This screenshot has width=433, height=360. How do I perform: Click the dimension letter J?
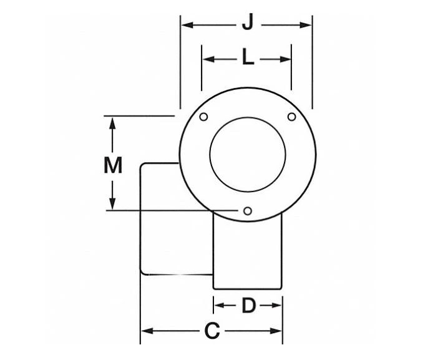click(248, 24)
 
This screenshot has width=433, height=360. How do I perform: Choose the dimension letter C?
click(213, 331)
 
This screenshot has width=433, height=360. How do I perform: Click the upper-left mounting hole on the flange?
click(203, 117)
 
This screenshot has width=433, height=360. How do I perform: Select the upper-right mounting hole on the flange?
click(291, 117)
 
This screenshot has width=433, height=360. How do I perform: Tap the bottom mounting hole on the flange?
click(248, 212)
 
